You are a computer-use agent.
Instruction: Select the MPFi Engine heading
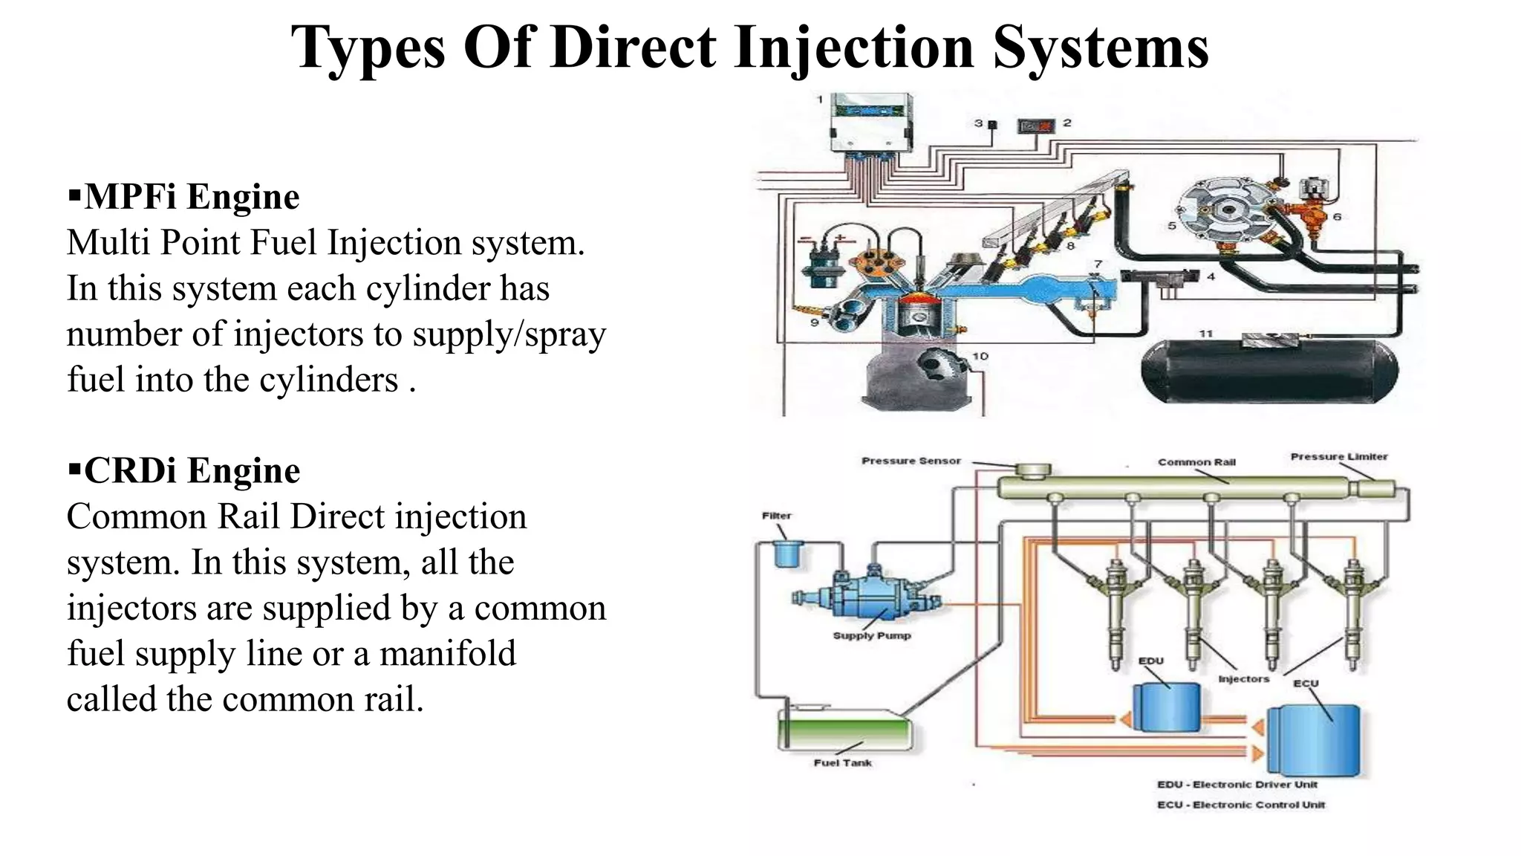pyautogui.click(x=191, y=197)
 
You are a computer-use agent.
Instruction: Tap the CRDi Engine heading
pyautogui.click(x=191, y=471)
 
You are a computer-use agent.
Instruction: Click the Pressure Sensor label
pyautogui.click(x=911, y=461)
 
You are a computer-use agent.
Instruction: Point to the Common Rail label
pyautogui.click(x=1196, y=462)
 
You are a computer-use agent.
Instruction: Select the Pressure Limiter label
pyautogui.click(x=1338, y=457)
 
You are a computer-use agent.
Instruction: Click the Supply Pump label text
pyautogui.click(x=871, y=636)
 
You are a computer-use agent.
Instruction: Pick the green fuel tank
pyautogui.click(x=844, y=730)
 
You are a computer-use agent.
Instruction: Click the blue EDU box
pyautogui.click(x=1165, y=706)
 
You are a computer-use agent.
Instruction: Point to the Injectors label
pyautogui.click(x=1243, y=679)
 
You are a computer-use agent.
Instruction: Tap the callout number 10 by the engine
pyautogui.click(x=980, y=357)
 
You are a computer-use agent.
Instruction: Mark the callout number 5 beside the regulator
pyautogui.click(x=1171, y=226)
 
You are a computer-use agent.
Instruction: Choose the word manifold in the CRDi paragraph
pyautogui.click(x=447, y=654)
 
